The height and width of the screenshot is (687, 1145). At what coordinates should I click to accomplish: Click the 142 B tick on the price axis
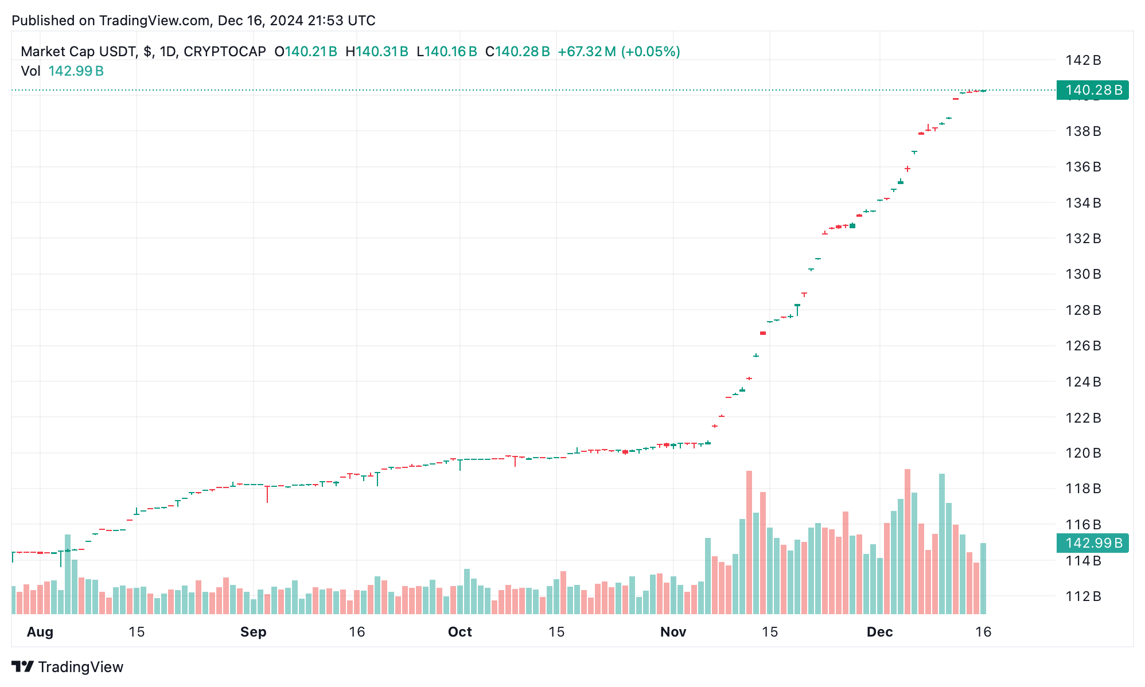click(1083, 60)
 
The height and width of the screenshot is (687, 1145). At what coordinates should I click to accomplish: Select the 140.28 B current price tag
click(1092, 90)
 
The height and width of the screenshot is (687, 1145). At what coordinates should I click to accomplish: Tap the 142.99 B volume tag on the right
click(1092, 542)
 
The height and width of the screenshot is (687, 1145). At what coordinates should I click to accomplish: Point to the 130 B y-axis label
click(1083, 274)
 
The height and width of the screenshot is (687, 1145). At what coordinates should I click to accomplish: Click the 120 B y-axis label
click(1083, 453)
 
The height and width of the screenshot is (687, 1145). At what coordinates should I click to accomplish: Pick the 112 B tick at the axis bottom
click(1083, 596)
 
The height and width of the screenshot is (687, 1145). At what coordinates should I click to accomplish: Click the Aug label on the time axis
click(40, 632)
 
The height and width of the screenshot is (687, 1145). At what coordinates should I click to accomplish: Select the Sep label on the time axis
click(253, 632)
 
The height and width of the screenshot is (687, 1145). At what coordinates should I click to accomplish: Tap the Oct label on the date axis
click(459, 632)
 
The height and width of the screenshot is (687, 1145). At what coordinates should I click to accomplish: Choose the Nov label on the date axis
click(673, 632)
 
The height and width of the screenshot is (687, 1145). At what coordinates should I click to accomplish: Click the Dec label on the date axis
click(879, 632)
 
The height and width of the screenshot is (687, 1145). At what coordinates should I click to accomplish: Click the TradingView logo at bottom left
click(68, 667)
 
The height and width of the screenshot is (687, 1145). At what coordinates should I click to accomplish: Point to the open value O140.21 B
click(306, 52)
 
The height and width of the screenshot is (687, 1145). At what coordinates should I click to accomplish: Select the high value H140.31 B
click(377, 52)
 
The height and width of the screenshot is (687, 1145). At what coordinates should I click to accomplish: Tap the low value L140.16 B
click(447, 52)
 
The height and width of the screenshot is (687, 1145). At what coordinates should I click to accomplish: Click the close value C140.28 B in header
click(517, 52)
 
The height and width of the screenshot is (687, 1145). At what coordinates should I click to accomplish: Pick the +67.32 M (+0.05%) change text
click(619, 52)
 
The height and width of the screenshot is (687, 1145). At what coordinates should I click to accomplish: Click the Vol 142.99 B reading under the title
click(62, 71)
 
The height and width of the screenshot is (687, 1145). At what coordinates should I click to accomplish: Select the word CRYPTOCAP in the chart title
click(224, 52)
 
